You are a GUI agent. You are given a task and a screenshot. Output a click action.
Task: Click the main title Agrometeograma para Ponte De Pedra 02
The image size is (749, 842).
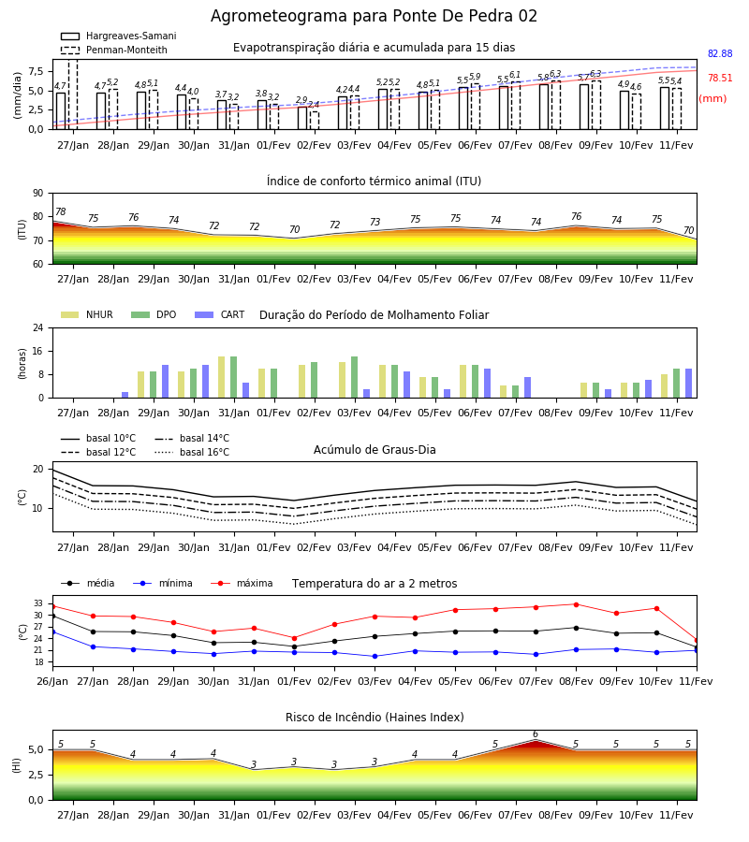click(374, 16)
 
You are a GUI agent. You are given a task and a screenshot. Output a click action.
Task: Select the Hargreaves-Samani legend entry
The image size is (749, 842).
click(119, 36)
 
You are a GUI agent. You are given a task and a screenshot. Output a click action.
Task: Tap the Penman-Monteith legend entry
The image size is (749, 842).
click(114, 50)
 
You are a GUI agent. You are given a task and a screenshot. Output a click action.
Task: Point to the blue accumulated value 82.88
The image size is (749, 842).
click(720, 53)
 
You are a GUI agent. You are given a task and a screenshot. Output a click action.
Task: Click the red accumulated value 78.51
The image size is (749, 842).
click(720, 78)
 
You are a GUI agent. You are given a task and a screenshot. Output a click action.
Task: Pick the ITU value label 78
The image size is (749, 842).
click(61, 211)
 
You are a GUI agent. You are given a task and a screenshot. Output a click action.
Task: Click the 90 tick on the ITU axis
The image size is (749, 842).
click(38, 194)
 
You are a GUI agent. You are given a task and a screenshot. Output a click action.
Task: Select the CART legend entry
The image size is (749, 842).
click(220, 314)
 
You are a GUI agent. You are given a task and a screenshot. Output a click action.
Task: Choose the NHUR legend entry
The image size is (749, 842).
click(87, 314)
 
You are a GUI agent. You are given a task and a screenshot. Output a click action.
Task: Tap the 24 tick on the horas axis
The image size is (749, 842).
click(38, 327)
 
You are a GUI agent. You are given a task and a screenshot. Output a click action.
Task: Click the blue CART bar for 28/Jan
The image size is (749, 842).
click(125, 395)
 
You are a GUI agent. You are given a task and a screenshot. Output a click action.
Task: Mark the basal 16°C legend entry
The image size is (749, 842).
click(192, 452)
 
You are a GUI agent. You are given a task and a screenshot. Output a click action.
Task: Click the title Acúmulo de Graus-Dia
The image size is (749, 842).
click(374, 449)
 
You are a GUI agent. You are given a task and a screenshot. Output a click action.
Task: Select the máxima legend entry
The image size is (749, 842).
click(242, 583)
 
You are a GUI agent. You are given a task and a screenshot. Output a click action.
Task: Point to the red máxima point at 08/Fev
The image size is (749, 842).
click(577, 604)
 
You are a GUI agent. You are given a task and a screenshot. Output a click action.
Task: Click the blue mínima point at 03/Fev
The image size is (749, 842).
click(375, 656)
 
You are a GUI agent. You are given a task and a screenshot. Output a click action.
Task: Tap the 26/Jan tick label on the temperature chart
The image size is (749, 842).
click(52, 681)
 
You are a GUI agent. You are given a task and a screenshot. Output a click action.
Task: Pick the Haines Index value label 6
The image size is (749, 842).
click(536, 734)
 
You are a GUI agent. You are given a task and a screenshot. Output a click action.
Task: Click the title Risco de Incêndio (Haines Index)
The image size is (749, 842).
click(374, 718)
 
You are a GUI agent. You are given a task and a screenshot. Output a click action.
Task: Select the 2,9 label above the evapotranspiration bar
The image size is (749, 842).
click(301, 100)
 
